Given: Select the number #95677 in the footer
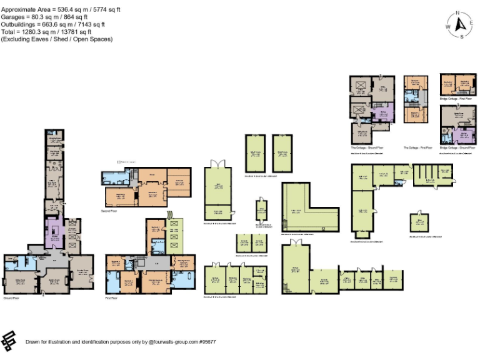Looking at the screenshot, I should (207, 342).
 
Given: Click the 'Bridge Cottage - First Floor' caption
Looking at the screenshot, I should (457, 99).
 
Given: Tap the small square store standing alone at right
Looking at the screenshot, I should (420, 221).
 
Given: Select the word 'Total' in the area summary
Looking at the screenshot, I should (8, 32).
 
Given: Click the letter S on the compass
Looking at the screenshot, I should (462, 37).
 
